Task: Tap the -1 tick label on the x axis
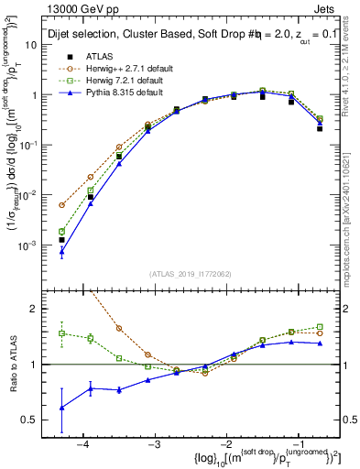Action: click(294, 443)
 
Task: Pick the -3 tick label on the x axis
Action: click(153, 443)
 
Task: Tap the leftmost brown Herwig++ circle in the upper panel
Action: click(62, 205)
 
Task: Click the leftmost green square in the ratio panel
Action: click(62, 333)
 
